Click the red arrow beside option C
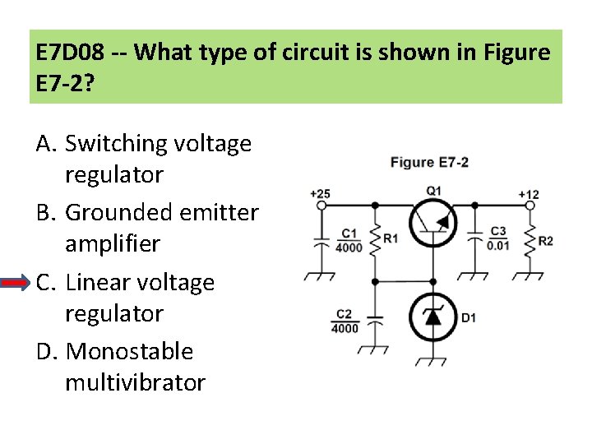coord(16,283)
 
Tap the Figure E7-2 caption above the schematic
coord(429,162)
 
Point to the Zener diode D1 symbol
coord(433,317)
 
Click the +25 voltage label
coord(320,194)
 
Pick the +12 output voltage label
coord(529,194)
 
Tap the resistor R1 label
coord(391,238)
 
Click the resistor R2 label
coord(545,241)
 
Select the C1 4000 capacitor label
coord(349,239)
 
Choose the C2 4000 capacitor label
coord(345,321)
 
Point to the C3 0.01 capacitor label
coord(497,239)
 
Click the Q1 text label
coord(433,191)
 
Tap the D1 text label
coord(468,317)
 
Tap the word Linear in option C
coord(91,283)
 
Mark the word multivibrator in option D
coord(135,383)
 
